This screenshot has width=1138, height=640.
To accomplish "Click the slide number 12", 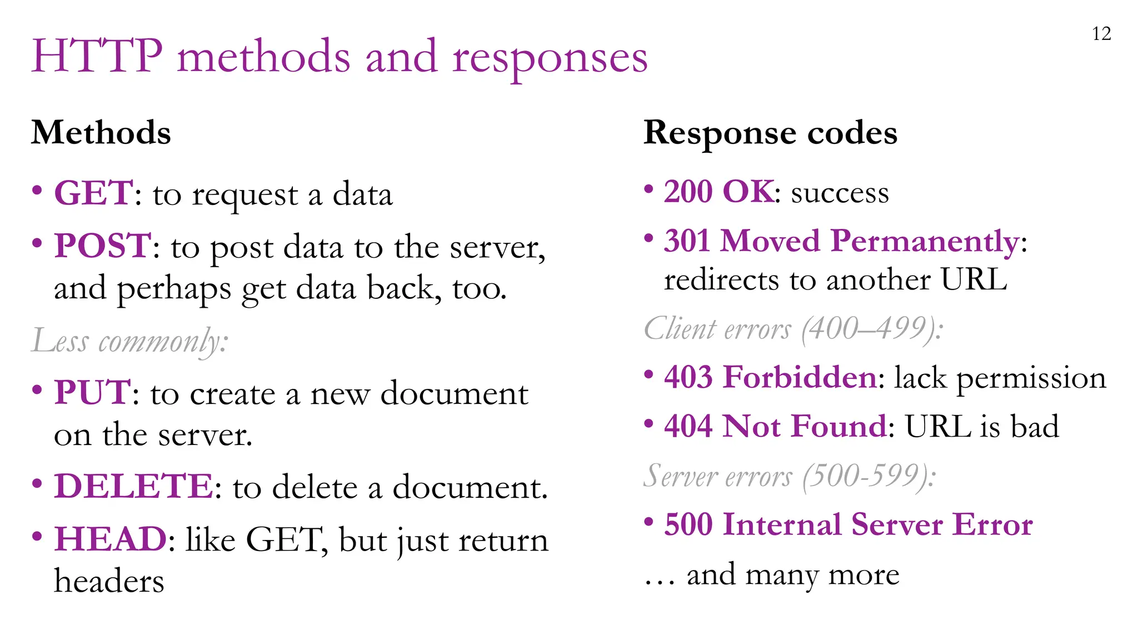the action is coord(1101,34).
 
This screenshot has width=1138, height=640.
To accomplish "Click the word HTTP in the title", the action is coord(97,56).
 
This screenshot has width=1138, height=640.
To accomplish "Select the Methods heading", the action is coord(101,133).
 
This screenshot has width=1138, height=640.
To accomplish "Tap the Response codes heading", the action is coord(770,133).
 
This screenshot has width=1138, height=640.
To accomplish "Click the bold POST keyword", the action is coord(102,246).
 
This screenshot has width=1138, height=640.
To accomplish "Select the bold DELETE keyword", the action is coord(133,487).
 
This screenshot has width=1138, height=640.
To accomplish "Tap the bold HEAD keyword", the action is coord(110,539).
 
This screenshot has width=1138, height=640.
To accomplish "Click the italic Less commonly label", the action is coord(129,341).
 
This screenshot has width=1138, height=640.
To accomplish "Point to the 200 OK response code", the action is coord(718,192).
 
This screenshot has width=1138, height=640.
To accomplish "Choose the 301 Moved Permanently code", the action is coord(841,242).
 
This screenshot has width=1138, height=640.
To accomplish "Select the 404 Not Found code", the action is coord(775,427).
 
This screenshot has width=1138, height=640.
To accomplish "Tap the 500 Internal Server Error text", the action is coord(848,524).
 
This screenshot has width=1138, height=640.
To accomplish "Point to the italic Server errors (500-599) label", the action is coord(790,476).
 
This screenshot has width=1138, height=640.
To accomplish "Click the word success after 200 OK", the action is coord(840,193).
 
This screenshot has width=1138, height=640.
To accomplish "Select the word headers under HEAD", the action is coord(109,582).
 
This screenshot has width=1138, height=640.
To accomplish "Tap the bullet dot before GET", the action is coord(37,191).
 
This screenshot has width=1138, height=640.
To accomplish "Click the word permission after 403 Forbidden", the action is coord(1031,378).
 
